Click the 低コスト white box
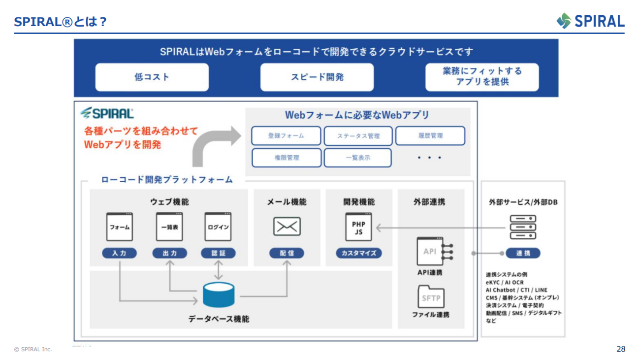[x=152, y=77]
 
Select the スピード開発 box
[x=317, y=77]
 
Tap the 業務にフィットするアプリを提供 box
[x=482, y=77]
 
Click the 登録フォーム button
[x=286, y=136]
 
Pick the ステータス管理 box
[x=358, y=136]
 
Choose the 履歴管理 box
[x=430, y=136]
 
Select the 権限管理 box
[x=287, y=158]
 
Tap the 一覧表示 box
[x=358, y=158]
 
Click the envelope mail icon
[x=287, y=227]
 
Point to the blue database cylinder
[x=219, y=294]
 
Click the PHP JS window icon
[x=358, y=227]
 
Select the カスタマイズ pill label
[x=358, y=253]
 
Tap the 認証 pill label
[x=218, y=253]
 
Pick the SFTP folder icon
[x=431, y=297]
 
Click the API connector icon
[x=434, y=252]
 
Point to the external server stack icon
[x=523, y=227]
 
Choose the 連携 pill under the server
[x=523, y=253]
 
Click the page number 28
[x=621, y=349]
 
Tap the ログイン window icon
[x=218, y=227]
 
